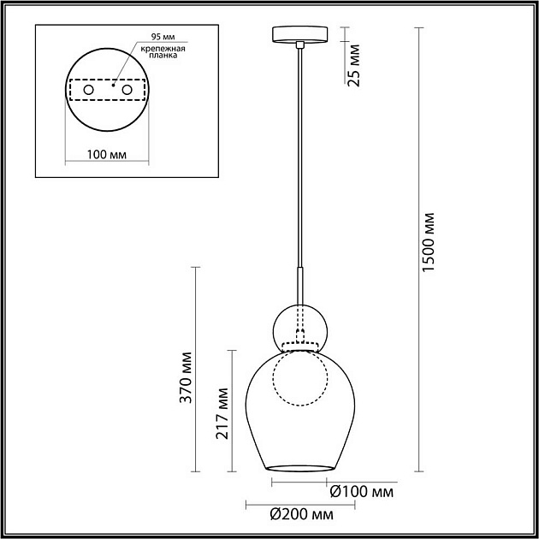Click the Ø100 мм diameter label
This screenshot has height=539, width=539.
point(361,493)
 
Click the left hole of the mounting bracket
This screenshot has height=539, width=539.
point(88,90)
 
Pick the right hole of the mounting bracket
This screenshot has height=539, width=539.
point(127,90)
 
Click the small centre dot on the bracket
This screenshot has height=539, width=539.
point(113,86)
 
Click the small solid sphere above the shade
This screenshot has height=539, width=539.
point(299,326)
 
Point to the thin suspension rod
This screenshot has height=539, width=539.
point(299,154)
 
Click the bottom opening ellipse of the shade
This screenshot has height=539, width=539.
point(299,468)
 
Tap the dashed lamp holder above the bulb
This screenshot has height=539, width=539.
point(299,346)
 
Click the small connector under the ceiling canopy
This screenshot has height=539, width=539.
point(299,44)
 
